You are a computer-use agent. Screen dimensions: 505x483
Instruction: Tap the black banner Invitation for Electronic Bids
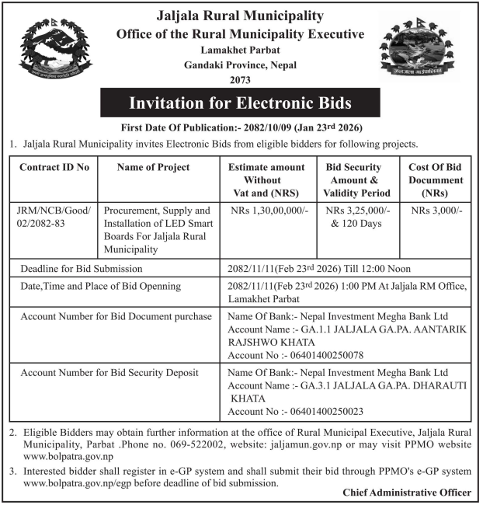coord(240,103)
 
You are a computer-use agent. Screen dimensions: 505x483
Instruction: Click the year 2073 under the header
coord(240,79)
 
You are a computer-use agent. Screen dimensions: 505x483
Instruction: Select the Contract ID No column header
coord(54,167)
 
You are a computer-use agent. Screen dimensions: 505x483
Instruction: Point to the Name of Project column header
coord(153,167)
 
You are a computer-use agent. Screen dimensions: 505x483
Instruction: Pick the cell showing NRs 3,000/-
coord(436,211)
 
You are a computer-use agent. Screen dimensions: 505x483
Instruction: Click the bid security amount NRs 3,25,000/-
coord(358,211)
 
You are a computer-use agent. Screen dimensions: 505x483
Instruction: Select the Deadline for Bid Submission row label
coord(82,268)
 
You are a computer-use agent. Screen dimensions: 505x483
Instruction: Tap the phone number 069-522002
coord(180,444)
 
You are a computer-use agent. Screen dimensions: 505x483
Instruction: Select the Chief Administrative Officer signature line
coord(406,493)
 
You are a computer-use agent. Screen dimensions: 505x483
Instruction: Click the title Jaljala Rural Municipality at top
coord(240,16)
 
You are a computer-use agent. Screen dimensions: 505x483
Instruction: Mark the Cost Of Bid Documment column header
coord(436,179)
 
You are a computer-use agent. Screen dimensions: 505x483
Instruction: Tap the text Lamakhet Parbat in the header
coord(240,50)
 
